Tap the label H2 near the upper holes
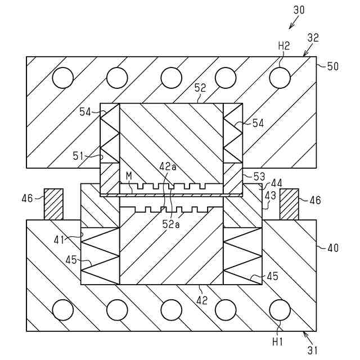[283, 47]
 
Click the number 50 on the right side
[332, 66]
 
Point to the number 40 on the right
[332, 246]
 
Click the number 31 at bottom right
[312, 349]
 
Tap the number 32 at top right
[313, 38]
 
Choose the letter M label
[129, 176]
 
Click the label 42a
[167, 166]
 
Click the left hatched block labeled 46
[54, 204]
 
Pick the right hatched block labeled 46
[289, 204]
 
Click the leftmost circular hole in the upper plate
[63, 78]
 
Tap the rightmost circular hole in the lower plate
[280, 309]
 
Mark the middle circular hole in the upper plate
[172, 78]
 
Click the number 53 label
[258, 177]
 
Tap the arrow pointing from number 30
[293, 22]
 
